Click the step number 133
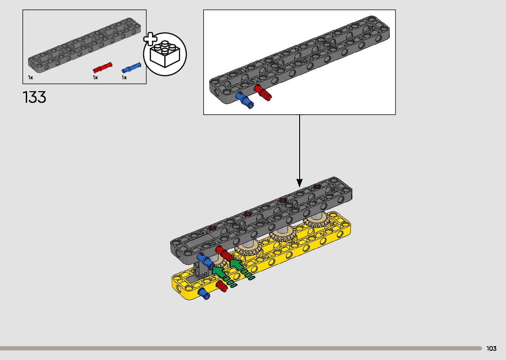click(34, 98)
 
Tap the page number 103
click(491, 348)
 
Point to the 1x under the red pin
click(95, 78)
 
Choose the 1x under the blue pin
click(124, 78)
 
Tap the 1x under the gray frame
click(30, 78)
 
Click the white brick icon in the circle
click(165, 54)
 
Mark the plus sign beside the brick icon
click(150, 39)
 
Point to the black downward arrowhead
click(299, 182)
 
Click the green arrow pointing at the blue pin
click(219, 272)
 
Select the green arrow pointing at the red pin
click(236, 264)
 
